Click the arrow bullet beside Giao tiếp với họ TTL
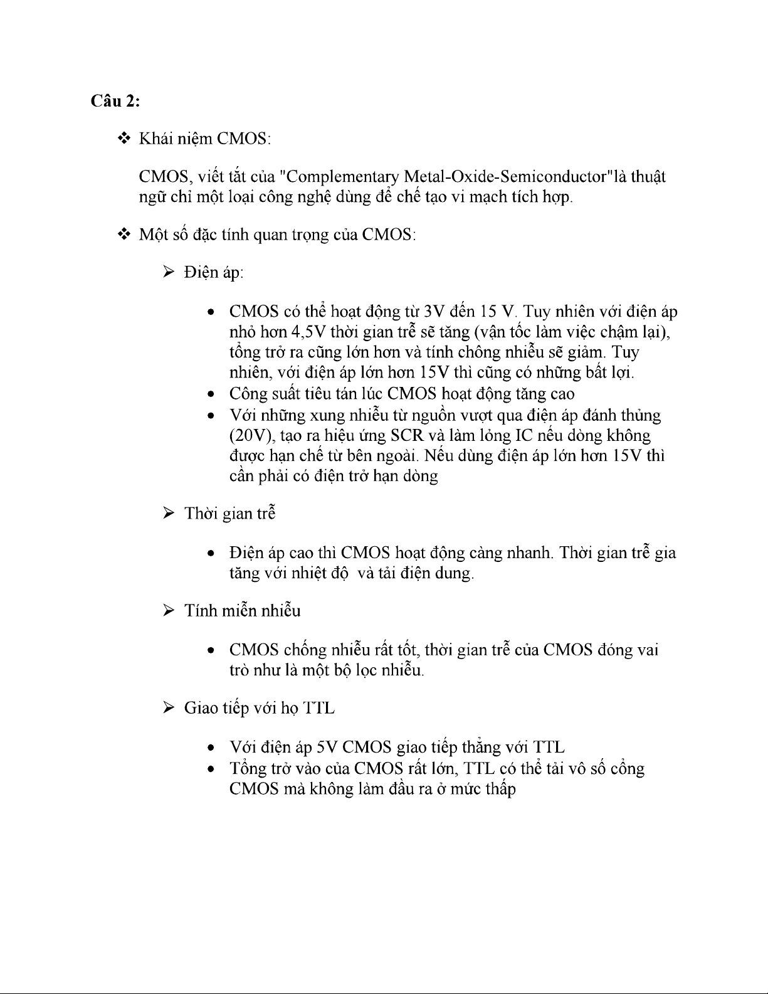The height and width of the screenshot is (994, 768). click(x=169, y=708)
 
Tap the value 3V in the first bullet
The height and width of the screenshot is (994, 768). click(x=434, y=312)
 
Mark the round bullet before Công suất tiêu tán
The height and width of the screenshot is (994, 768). click(x=212, y=394)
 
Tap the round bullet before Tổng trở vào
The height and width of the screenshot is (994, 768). click(x=212, y=769)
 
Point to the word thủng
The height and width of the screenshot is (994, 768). click(x=640, y=415)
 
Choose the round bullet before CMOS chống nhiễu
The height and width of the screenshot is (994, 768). click(x=212, y=650)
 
